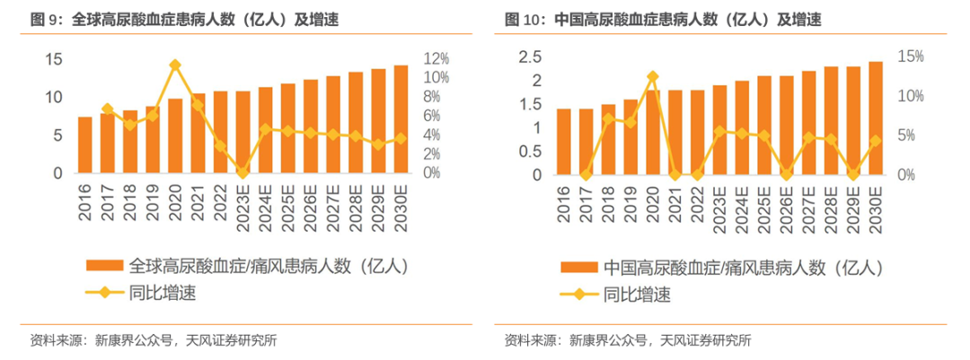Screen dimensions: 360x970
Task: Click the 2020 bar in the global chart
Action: (x=175, y=136)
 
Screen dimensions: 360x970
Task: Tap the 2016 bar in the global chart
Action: (x=84, y=145)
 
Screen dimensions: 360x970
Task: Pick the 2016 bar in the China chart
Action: (x=564, y=142)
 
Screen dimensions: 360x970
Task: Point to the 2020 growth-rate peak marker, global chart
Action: (x=175, y=65)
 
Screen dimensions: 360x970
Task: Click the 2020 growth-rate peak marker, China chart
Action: (x=653, y=77)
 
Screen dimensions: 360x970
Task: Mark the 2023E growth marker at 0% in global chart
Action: (x=242, y=172)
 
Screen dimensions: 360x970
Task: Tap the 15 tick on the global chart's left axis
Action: (x=54, y=58)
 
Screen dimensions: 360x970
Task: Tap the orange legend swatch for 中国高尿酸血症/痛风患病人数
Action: (x=580, y=267)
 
